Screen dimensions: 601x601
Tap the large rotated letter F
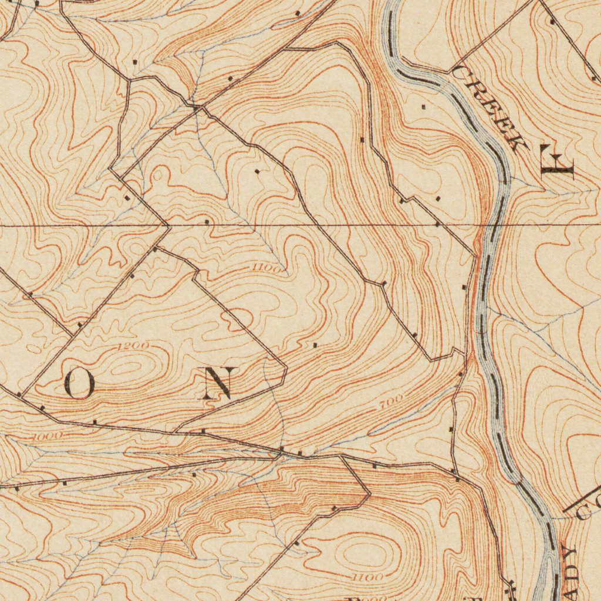(x=558, y=164)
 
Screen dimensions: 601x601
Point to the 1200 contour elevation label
(x=132, y=346)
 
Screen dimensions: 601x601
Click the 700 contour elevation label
(x=391, y=403)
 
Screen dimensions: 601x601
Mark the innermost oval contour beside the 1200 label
(x=126, y=369)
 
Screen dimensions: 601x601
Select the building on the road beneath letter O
(x=94, y=421)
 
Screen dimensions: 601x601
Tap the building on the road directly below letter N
(x=203, y=431)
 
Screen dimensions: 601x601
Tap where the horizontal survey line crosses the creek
(x=492, y=225)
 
